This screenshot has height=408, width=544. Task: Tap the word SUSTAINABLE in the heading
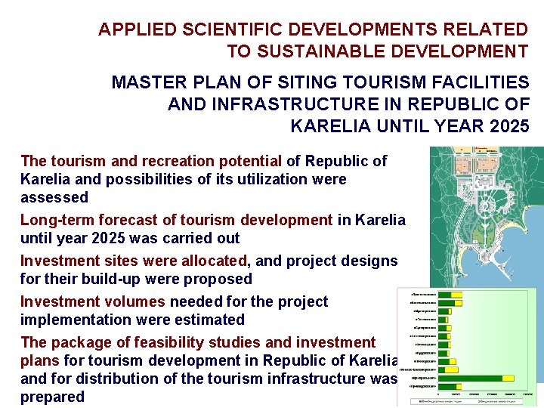pos(317,52)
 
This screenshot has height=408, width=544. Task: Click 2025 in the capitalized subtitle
pos(508,126)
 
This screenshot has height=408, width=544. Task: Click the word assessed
pos(54,197)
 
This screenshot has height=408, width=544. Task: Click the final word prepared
pos(52,397)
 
